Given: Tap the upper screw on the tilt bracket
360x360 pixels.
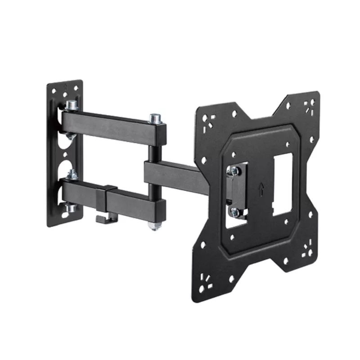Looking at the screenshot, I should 233,170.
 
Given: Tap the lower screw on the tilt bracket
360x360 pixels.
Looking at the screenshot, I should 234,210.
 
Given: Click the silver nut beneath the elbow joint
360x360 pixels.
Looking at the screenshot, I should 154,225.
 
